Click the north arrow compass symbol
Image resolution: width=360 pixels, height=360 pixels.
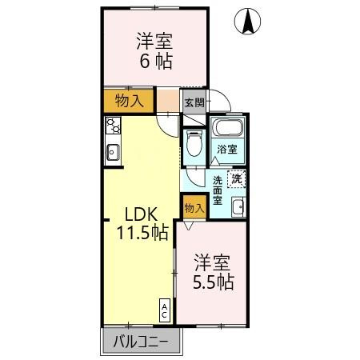(x=250, y=22)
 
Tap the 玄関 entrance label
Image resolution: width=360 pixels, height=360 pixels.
(x=194, y=102)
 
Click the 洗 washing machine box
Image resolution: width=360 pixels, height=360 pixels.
(x=236, y=180)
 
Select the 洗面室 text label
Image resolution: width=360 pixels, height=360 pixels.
(x=218, y=192)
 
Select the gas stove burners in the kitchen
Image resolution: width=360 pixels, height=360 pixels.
(x=112, y=126)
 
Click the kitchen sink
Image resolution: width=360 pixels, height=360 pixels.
(x=112, y=150)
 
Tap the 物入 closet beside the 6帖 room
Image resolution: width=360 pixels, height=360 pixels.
(x=127, y=102)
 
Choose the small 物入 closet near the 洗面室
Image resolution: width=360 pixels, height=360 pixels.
(x=194, y=206)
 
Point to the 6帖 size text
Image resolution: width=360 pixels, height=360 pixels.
(x=154, y=60)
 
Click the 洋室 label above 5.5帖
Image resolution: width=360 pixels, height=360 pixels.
(x=213, y=262)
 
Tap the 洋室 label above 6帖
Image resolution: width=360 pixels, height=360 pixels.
(x=154, y=40)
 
